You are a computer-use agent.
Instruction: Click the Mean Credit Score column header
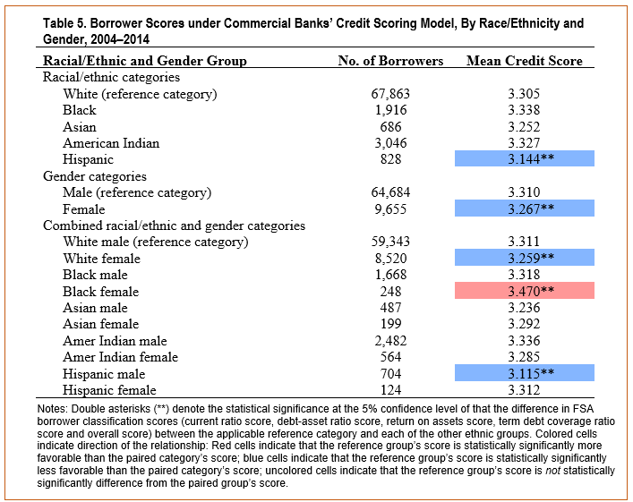coord(525,61)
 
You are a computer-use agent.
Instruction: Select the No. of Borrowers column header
coord(390,61)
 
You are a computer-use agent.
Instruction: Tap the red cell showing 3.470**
coord(525,291)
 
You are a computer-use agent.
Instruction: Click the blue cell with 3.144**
coord(525,158)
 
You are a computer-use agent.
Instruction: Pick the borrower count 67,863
coord(390,94)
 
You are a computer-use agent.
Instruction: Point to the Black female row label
coord(100,292)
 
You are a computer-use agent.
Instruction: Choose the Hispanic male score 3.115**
coord(531,373)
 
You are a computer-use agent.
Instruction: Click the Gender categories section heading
coord(95,176)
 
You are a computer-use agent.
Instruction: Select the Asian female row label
coord(100,324)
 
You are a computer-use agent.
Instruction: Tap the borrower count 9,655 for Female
coord(390,209)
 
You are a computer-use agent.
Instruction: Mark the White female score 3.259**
coord(531,258)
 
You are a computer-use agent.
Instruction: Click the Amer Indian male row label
coord(115,341)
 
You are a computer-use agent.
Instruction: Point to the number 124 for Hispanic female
coord(390,390)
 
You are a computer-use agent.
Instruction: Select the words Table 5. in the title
coord(64,23)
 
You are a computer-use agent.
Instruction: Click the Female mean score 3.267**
coord(531,208)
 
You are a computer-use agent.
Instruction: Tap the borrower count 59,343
coord(390,242)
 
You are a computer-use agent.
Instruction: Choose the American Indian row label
coord(111,143)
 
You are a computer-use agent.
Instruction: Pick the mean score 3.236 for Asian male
coord(524,308)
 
